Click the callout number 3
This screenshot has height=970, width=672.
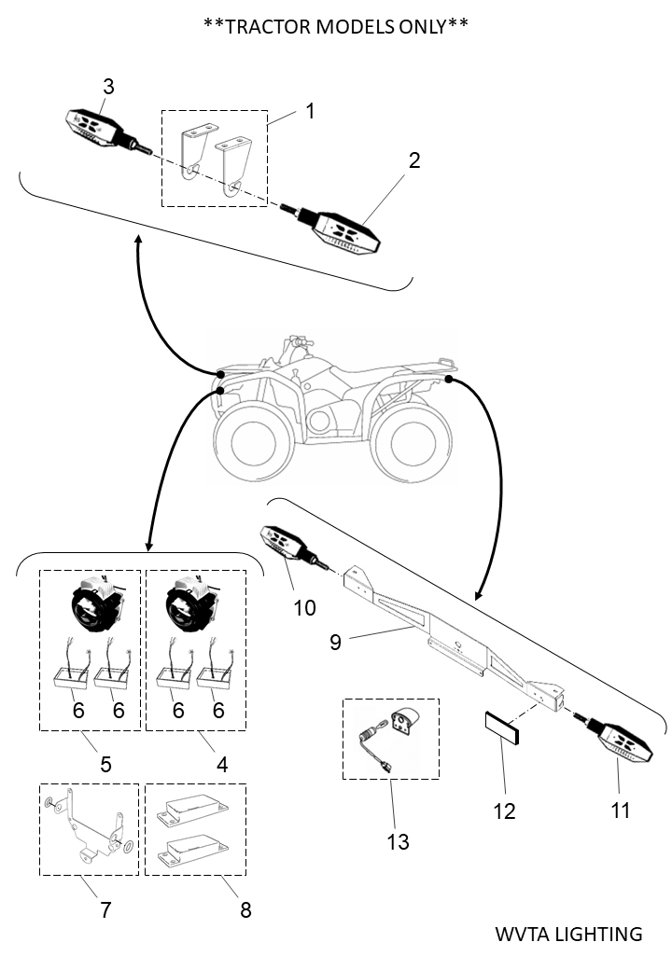[x=109, y=87]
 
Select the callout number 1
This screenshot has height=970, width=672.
[x=310, y=111]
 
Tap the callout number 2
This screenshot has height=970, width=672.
[x=414, y=160]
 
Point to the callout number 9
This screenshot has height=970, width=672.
[x=335, y=642]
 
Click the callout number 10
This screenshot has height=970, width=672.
[x=304, y=608]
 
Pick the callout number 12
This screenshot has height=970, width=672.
[x=504, y=811]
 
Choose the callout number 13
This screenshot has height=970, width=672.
[x=398, y=841]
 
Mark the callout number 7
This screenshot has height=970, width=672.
[x=105, y=909]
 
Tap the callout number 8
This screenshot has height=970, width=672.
[x=245, y=909]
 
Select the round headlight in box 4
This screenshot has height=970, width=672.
[x=190, y=603]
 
